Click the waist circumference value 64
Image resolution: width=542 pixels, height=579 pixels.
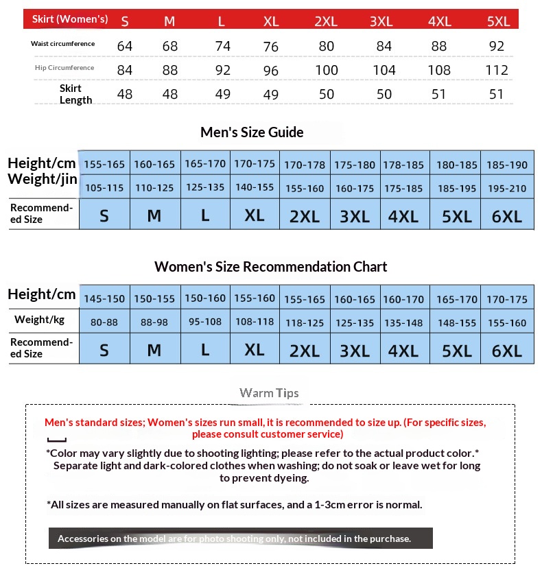coord(124,46)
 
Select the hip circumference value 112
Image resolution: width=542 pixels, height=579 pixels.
coord(496,70)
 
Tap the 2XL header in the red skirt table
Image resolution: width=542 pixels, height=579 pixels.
coord(326,21)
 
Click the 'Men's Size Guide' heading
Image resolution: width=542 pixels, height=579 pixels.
coord(252,132)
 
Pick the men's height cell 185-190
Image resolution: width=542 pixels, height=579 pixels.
coord(507,165)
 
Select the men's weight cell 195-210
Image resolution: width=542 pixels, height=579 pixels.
coord(507,187)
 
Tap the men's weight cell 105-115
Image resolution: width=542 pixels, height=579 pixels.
coord(104,187)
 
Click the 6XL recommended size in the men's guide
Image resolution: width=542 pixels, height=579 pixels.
coord(507,216)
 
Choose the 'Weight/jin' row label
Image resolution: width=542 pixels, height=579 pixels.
coord(40,179)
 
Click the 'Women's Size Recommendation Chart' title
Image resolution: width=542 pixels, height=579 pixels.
coord(270,266)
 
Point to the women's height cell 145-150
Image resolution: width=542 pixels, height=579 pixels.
coord(104,299)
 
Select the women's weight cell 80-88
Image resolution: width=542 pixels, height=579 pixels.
coord(104,321)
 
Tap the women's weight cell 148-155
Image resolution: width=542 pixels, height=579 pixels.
coord(456,321)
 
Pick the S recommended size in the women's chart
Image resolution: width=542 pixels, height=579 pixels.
coord(104,351)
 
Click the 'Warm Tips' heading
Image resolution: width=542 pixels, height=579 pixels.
coord(269,393)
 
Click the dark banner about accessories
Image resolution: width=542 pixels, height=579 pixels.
coord(240,539)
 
